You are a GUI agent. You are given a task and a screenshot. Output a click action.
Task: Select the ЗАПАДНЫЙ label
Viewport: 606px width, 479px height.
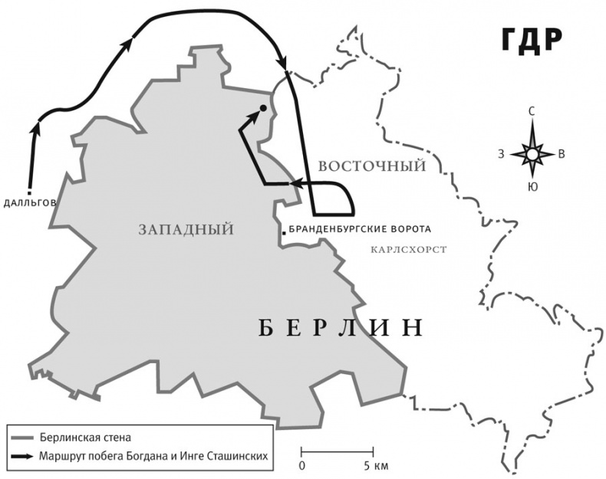pos(186,228)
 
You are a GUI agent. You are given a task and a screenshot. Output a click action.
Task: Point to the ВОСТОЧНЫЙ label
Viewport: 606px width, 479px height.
pos(372,166)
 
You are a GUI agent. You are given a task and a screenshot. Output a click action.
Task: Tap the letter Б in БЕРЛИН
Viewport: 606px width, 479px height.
pos(262,328)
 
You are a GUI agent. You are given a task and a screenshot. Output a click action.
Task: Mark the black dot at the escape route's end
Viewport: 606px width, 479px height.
pos(262,109)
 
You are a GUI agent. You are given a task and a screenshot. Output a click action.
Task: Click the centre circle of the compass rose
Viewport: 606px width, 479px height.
pos(531,154)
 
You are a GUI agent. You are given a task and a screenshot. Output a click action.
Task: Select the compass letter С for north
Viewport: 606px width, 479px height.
pos(531,112)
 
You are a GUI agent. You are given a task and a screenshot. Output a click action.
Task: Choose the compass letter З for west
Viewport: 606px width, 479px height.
pos(500,154)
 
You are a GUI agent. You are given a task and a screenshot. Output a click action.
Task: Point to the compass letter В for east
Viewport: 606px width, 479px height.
pos(562,154)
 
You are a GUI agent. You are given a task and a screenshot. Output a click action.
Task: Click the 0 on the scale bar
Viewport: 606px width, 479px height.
pos(302,465)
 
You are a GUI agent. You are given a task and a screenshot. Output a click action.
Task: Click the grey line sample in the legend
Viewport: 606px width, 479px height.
pos(21,438)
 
